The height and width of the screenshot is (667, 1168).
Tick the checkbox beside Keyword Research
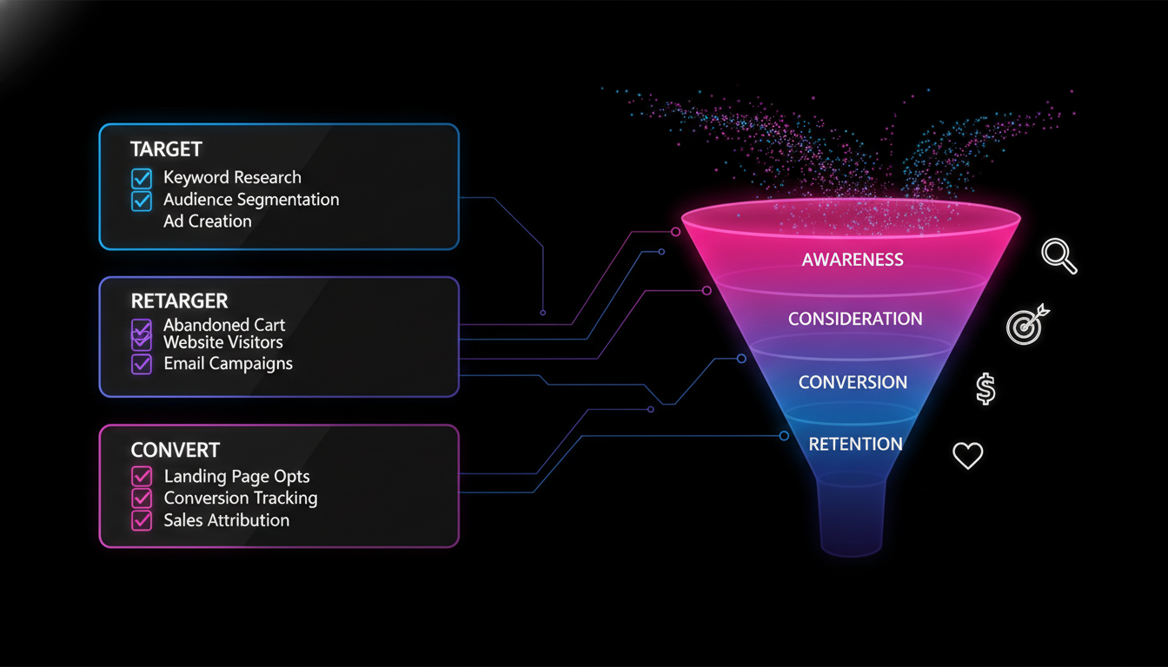(141, 179)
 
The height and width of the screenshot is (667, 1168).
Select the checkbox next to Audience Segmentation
(141, 201)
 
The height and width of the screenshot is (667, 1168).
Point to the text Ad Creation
(208, 221)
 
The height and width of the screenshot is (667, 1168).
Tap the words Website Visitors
(223, 342)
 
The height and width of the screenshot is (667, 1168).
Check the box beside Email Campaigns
(141, 364)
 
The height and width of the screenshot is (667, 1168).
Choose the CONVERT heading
(175, 450)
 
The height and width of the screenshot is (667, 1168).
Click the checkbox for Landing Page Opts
(141, 477)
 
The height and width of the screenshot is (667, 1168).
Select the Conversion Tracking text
(241, 499)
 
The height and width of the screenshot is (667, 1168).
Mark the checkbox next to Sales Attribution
(141, 521)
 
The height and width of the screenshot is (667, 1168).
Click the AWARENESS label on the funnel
(853, 260)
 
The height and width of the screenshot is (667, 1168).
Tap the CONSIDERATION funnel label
(855, 320)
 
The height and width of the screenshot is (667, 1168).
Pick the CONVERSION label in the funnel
(853, 382)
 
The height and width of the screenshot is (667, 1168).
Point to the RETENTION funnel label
(855, 445)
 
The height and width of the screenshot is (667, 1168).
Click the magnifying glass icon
(1058, 257)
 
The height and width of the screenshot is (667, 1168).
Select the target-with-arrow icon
(1026, 324)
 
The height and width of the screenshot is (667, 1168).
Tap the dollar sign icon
(985, 389)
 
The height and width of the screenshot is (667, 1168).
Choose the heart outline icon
(968, 455)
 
